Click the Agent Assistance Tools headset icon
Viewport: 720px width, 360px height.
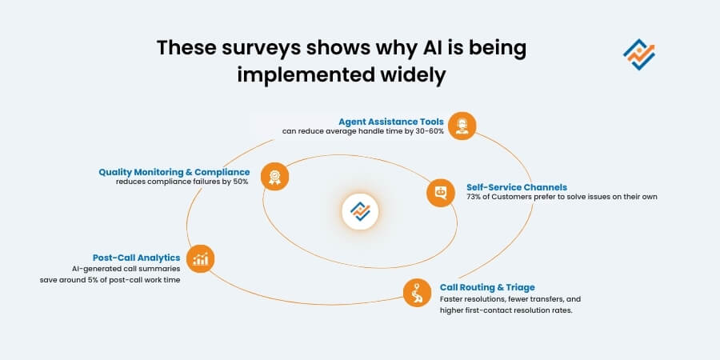click(462, 126)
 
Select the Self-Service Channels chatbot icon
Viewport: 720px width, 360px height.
click(440, 193)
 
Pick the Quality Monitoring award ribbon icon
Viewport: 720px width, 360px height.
click(274, 177)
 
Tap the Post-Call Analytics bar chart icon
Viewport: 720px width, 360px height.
click(200, 258)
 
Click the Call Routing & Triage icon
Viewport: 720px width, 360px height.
click(417, 292)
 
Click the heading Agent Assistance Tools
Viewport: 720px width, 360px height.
click(390, 122)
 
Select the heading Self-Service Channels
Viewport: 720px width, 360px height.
click(517, 186)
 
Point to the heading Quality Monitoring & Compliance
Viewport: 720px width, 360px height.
click(174, 171)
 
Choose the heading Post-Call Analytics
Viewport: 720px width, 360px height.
click(136, 258)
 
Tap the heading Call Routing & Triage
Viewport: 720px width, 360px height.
click(487, 286)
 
